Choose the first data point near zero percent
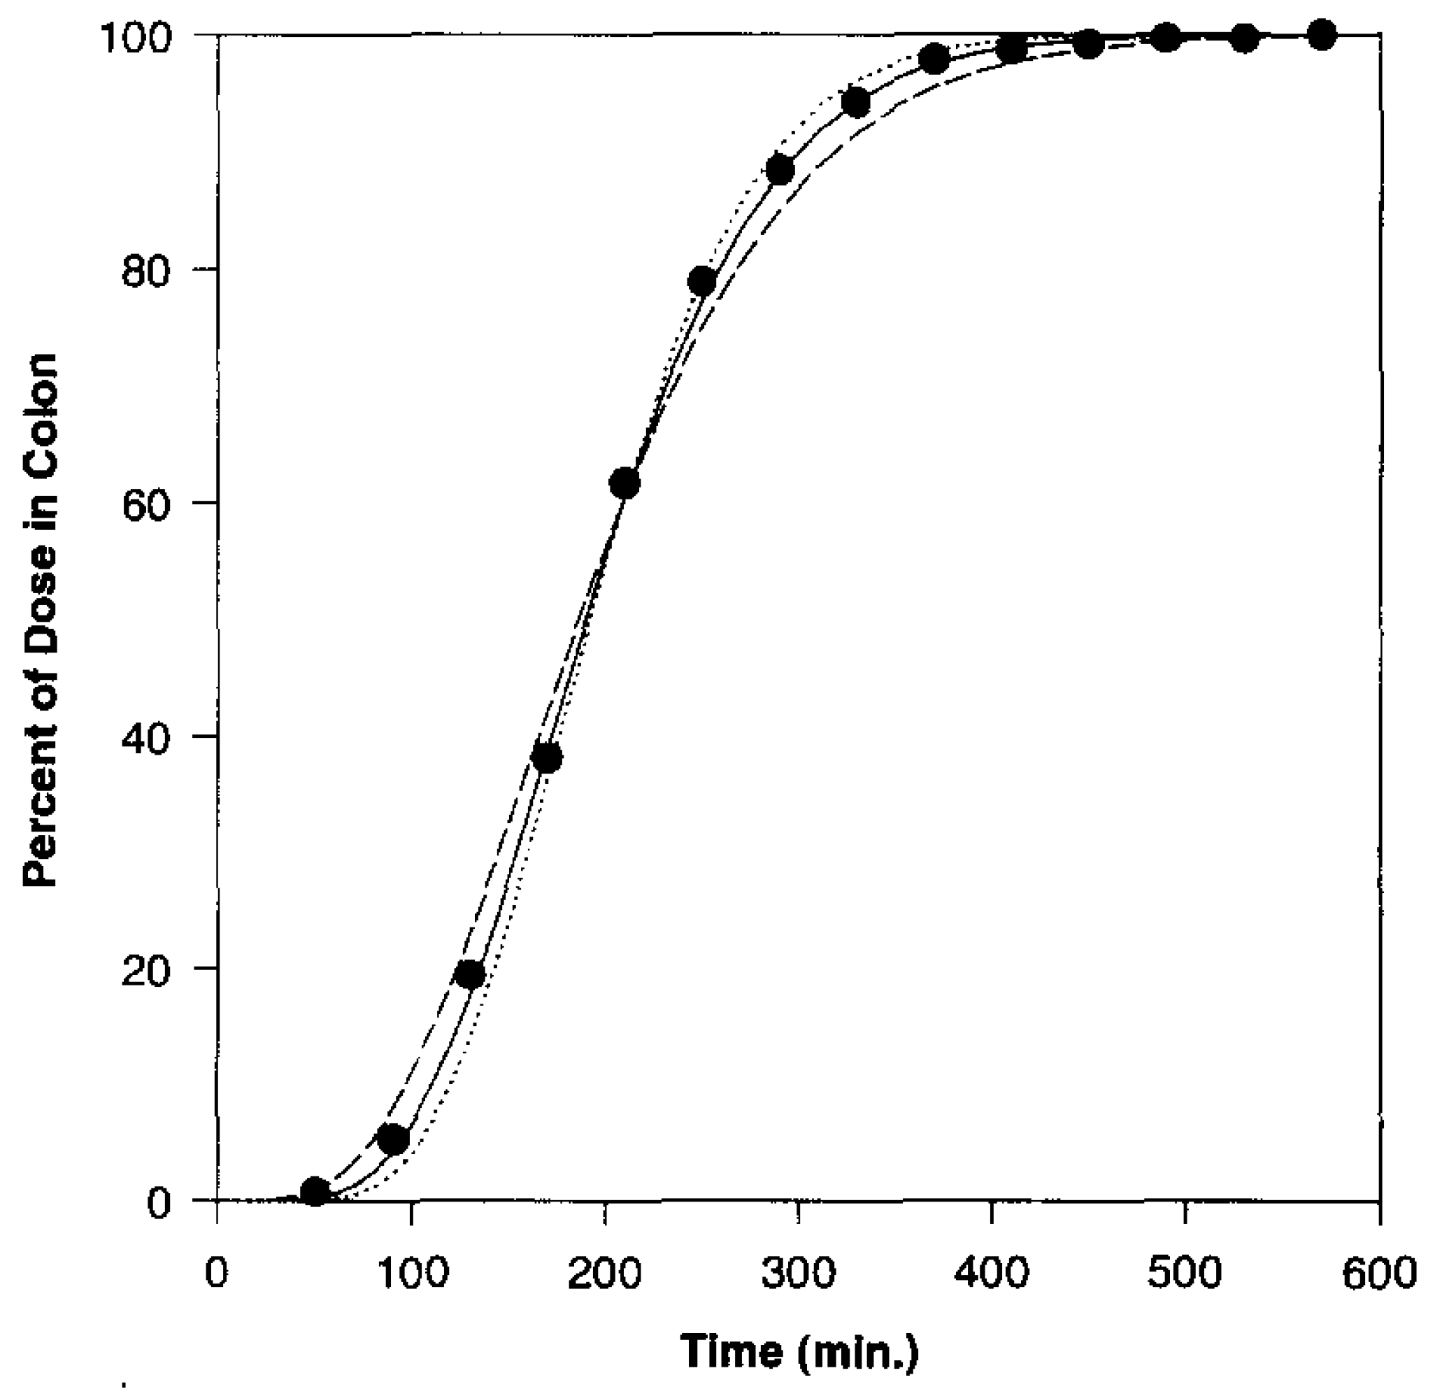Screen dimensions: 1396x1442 [315, 1191]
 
